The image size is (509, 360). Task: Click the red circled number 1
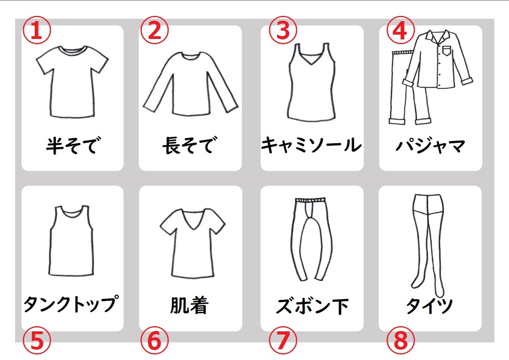coord(37,30)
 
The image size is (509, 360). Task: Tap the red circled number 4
coord(400,30)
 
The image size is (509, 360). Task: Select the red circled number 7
coord(283,340)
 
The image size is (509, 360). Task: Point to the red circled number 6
coord(155,340)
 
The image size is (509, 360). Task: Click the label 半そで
coord(73,146)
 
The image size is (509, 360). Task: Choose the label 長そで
coord(190,146)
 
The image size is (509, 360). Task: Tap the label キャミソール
coord(311,145)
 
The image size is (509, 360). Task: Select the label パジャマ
coord(430,145)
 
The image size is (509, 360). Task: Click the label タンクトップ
coord(71,304)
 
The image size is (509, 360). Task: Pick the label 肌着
coord(190,305)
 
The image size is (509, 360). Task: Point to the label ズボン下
coord(312,306)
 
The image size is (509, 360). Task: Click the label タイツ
coord(429,306)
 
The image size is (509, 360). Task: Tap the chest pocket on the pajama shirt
coord(446,51)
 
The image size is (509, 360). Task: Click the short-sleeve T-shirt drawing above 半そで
coord(72,82)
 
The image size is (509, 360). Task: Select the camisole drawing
coord(312,82)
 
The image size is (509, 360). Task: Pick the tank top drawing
coord(71,241)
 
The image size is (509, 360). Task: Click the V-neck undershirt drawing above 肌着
coord(193,243)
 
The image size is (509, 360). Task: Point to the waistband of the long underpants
coord(311,200)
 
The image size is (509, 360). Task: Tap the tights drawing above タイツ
coord(427,245)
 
